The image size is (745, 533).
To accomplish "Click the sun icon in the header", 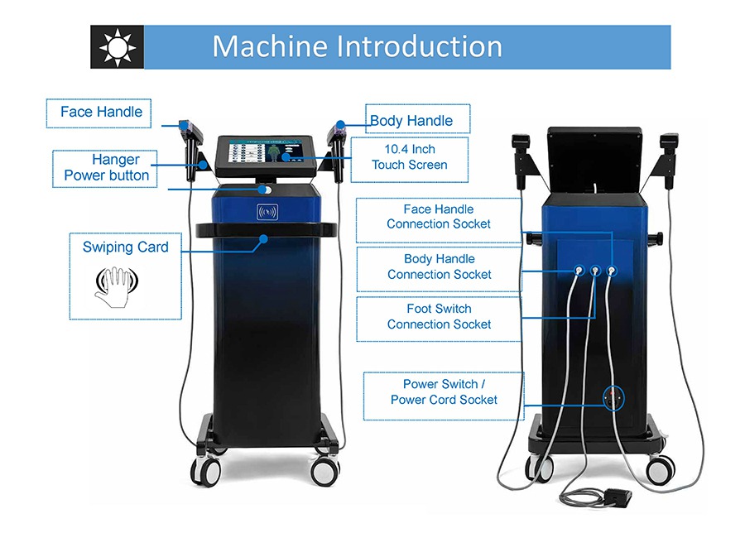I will [117, 47].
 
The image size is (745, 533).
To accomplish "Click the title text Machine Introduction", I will [357, 46].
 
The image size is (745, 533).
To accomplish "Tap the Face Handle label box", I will [101, 113].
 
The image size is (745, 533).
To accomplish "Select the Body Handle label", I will [411, 121].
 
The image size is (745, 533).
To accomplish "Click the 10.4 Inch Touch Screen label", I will [409, 157].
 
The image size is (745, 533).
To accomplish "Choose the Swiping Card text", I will [125, 247].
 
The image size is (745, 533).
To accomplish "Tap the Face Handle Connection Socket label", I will [439, 217].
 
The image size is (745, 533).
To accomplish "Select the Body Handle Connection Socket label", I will [439, 266].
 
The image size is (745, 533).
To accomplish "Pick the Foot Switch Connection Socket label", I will [439, 316].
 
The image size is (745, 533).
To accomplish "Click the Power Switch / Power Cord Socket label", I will [444, 391].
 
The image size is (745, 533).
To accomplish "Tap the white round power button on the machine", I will [265, 190].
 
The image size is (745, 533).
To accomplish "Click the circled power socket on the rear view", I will [613, 398].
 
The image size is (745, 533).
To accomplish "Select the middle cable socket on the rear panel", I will [594, 270].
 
